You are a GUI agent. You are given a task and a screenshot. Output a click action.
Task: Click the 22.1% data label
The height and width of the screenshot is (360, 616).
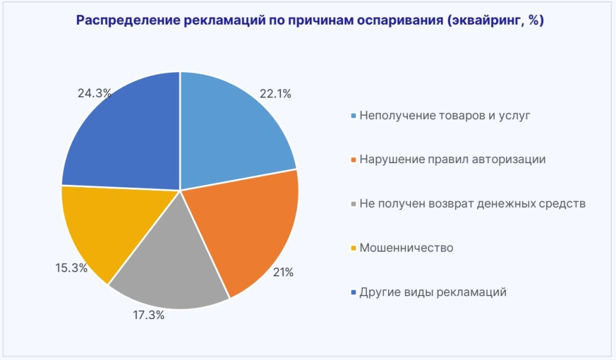[x=276, y=93]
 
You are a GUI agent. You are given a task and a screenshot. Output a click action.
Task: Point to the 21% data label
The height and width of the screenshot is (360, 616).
[x=283, y=273]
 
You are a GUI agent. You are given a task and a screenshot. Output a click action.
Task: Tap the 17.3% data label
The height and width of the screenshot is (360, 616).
[x=149, y=315]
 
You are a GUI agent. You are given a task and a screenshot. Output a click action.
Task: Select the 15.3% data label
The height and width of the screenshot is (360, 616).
[x=72, y=268]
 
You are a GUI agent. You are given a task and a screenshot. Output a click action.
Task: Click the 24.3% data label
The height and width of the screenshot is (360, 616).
[x=94, y=93]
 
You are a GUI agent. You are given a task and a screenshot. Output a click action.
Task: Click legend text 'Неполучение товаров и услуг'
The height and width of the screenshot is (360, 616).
[x=445, y=115]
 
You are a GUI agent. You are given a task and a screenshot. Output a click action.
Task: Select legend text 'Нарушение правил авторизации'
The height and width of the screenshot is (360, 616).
[x=452, y=160]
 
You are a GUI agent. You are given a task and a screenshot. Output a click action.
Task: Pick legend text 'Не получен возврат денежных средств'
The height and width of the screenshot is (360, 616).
[x=472, y=203]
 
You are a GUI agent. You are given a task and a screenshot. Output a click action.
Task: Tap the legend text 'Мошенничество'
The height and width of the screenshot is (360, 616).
[x=406, y=248]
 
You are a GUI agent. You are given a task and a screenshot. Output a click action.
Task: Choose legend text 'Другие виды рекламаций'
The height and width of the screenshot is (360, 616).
[x=433, y=293]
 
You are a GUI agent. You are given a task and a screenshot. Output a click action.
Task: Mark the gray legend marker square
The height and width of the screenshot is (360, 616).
[x=354, y=204]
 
